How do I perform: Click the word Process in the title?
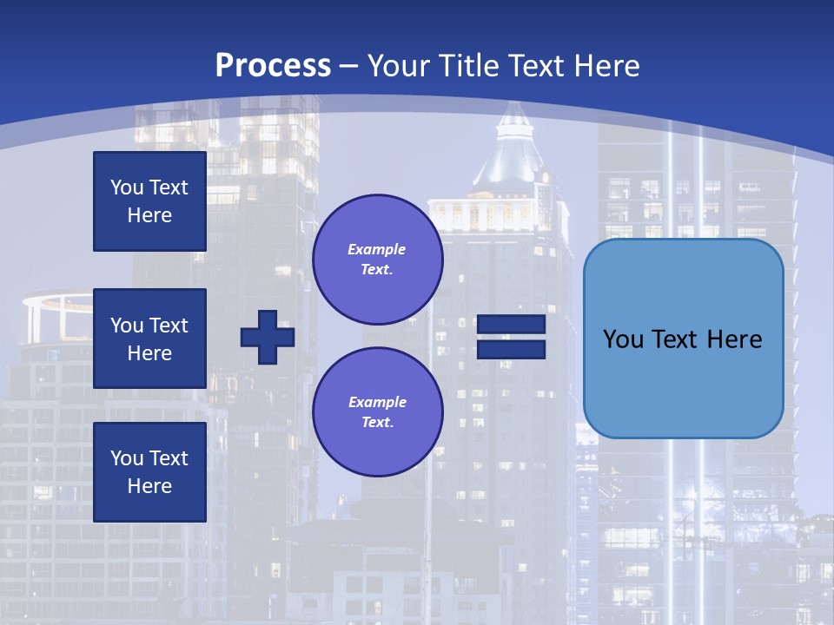(273, 66)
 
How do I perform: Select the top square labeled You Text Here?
(149, 201)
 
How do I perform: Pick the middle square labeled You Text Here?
(149, 339)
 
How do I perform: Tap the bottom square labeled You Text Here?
(149, 472)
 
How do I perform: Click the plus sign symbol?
(268, 338)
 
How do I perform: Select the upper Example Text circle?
(377, 259)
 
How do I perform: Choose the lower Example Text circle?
(377, 411)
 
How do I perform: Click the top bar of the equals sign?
(511, 325)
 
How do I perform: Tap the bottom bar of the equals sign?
(511, 350)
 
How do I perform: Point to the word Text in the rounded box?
(683, 339)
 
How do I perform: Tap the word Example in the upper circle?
(377, 249)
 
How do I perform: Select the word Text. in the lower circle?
(377, 423)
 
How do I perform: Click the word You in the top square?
(126, 187)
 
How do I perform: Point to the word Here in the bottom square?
(149, 487)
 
